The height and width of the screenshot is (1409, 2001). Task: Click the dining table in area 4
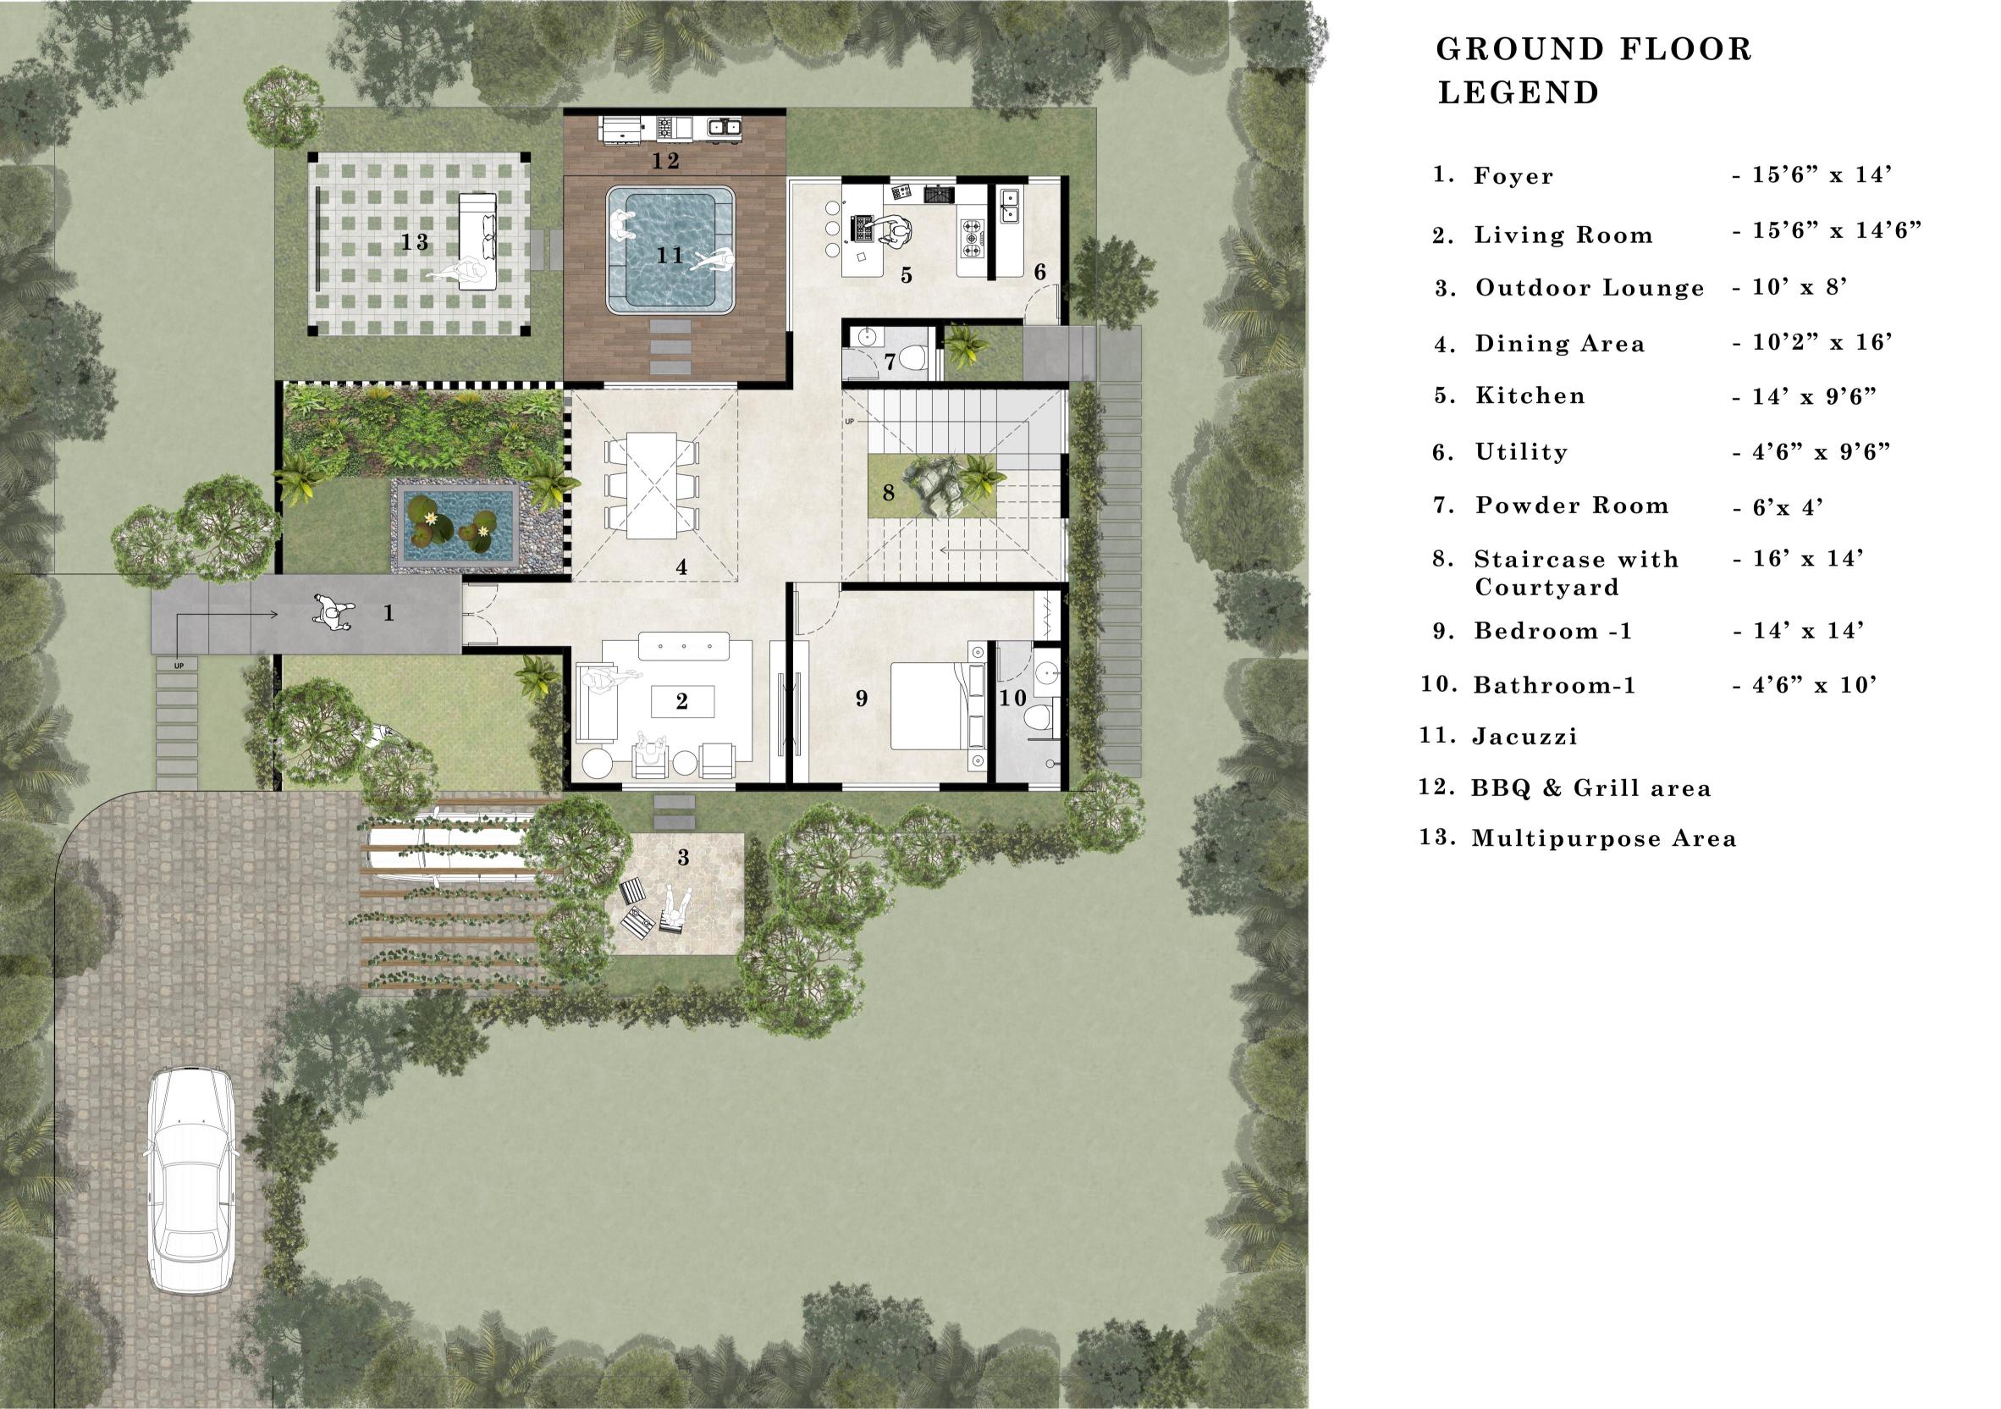click(652, 486)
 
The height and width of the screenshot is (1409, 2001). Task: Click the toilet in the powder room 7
click(912, 357)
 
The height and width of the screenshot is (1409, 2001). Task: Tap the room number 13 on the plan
click(415, 241)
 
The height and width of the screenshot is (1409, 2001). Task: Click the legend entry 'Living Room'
click(1563, 235)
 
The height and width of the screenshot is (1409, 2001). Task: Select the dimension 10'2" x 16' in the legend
click(1812, 343)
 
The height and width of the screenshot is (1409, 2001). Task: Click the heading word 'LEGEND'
click(1519, 92)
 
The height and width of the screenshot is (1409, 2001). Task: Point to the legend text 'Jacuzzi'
click(1525, 737)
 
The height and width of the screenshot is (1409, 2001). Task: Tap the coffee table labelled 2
click(682, 701)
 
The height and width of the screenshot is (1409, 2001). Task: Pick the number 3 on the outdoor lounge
click(683, 858)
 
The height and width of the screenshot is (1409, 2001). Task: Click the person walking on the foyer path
click(332, 612)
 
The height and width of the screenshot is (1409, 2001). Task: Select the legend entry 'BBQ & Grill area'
click(1591, 789)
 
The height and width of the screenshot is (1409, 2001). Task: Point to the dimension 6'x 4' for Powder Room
click(1777, 506)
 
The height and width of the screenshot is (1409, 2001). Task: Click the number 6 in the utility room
click(1039, 272)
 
